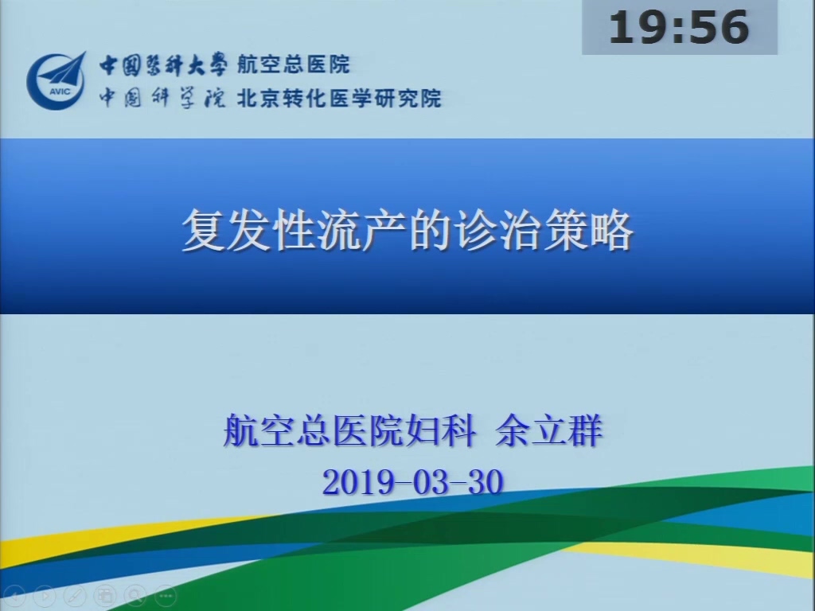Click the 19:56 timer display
coord(680,27)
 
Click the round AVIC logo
coord(57,80)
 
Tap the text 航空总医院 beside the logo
coord(294,64)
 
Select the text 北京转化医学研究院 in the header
coord(339,98)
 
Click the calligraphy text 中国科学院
coord(162,98)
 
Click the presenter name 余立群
coord(549,430)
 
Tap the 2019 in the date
coord(358,481)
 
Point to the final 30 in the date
coord(486,481)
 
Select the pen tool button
coord(75,595)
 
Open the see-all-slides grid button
coord(105,595)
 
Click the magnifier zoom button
coord(135,595)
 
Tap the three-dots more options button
coord(166,595)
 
